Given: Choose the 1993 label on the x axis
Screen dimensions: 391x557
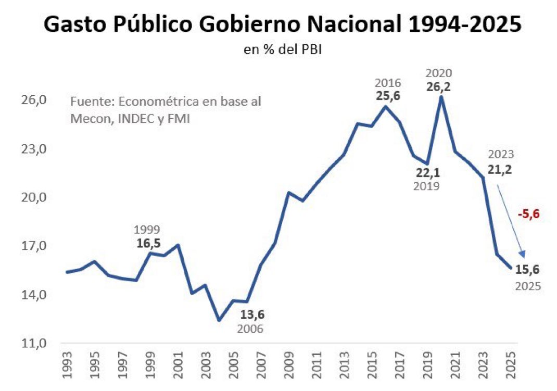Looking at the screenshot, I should click(67, 368).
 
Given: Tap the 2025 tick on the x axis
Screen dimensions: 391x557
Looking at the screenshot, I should click(511, 368).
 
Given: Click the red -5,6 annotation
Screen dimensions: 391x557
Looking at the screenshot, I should click(527, 213).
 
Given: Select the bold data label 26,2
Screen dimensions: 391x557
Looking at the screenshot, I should click(438, 86).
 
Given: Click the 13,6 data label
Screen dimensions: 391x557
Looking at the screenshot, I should click(252, 315).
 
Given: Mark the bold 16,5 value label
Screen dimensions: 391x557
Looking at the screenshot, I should click(147, 243).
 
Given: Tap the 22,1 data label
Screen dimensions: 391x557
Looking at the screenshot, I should click(427, 172).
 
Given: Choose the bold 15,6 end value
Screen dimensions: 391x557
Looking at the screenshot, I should click(528, 269).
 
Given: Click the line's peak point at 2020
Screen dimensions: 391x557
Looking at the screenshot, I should click(441, 97).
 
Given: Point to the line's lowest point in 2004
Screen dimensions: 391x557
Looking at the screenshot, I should click(219, 320).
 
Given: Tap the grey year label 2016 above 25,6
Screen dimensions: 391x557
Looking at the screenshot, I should click(387, 83).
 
